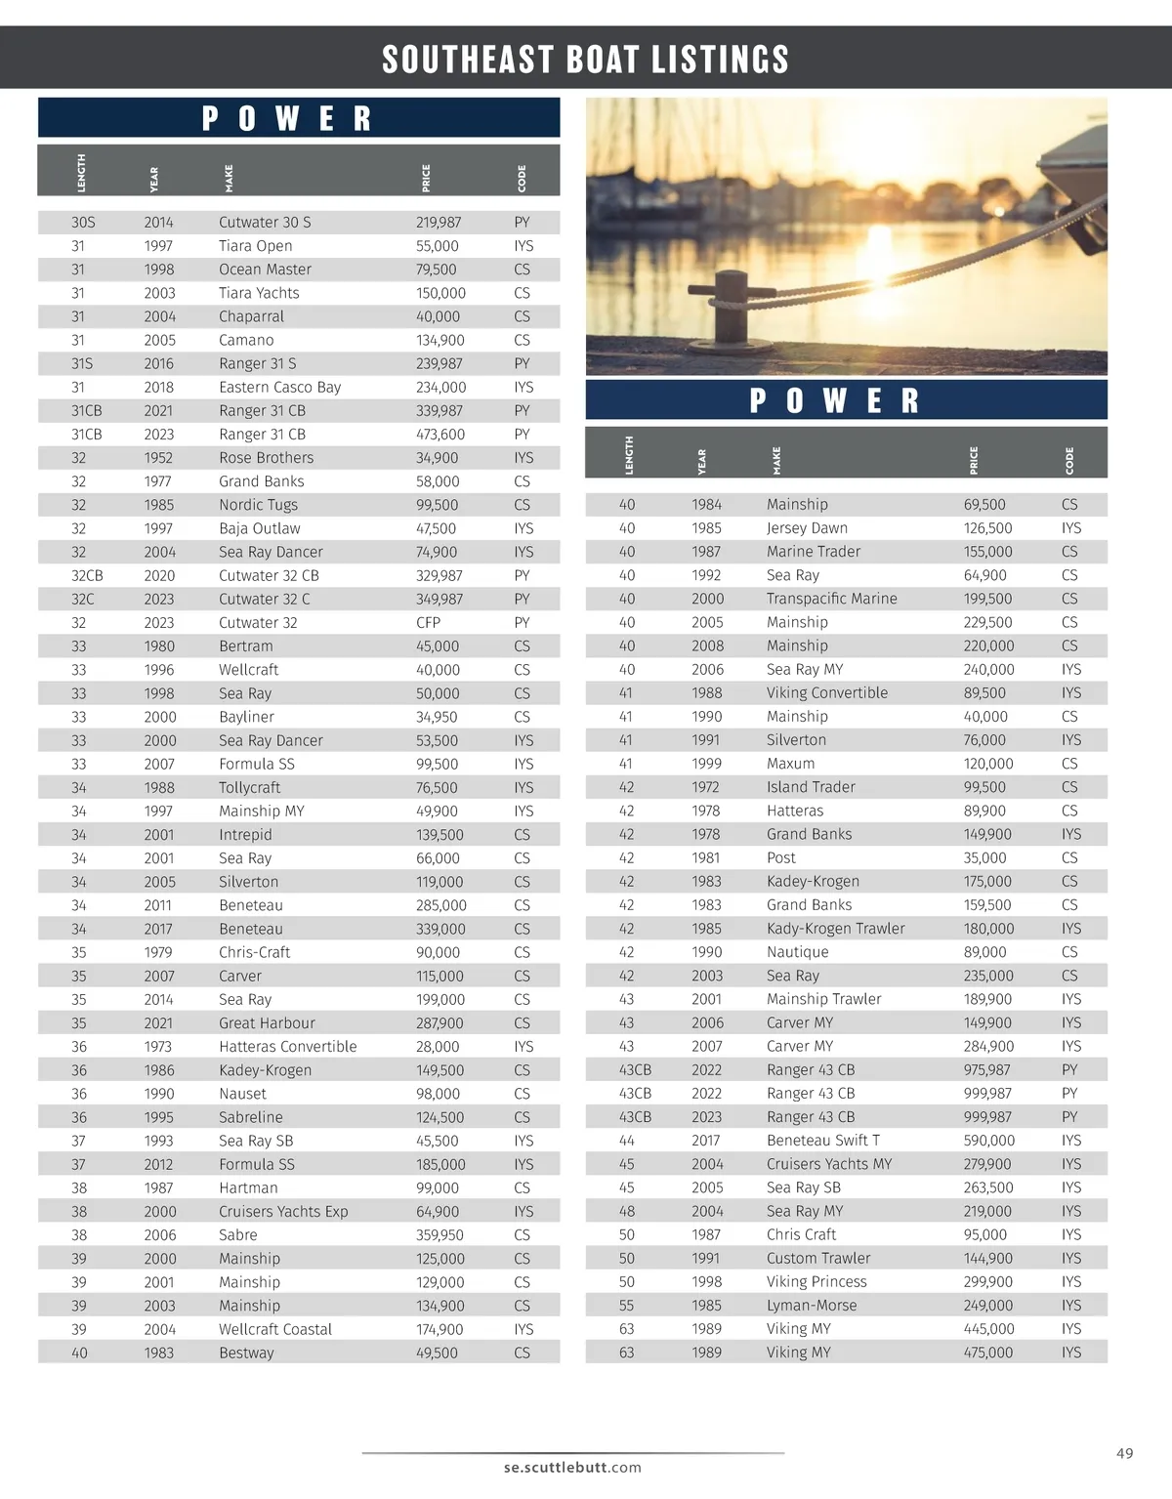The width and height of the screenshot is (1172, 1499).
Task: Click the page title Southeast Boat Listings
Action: [x=585, y=60]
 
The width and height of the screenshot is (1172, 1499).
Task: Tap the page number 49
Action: [x=1124, y=1453]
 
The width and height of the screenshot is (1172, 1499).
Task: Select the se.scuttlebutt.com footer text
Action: [x=572, y=1467]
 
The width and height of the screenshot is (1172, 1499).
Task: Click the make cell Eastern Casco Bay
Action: [x=279, y=388]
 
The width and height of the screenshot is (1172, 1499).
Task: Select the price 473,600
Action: [x=440, y=435]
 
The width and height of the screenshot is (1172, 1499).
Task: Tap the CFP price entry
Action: [x=428, y=623]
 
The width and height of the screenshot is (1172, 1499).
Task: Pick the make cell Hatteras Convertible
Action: [x=287, y=1047]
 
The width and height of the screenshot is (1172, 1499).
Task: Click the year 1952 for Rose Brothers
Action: [x=158, y=458]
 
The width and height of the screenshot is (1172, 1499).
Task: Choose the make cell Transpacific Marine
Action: [x=831, y=599]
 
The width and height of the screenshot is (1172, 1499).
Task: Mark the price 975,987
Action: [x=986, y=1070]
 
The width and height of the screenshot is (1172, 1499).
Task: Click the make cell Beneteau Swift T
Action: [x=822, y=1141]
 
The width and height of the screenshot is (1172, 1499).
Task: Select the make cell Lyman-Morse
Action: [x=811, y=1306]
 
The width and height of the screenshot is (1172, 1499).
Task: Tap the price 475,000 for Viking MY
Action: [x=988, y=1353]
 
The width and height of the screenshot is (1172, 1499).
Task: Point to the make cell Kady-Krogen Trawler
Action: [x=835, y=929]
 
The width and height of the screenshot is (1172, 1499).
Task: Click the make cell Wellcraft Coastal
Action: [x=274, y=1329]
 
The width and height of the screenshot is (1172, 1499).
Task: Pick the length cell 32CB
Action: [x=87, y=576]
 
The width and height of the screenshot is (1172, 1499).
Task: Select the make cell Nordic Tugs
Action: [x=258, y=505]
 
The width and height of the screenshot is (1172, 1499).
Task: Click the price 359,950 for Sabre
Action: [x=439, y=1235]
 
